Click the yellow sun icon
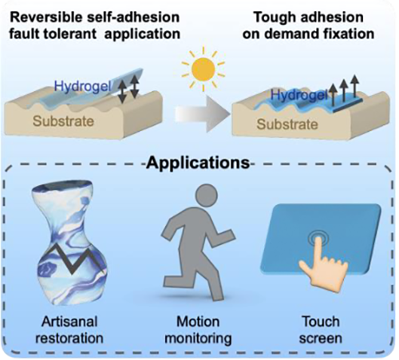click(203, 69)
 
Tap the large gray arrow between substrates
click(202, 114)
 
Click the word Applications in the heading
click(199, 163)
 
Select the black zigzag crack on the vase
click(73, 259)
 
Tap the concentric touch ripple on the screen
click(318, 239)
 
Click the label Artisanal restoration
click(69, 330)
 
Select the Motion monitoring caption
click(198, 330)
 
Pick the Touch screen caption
click(321, 330)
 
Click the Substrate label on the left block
click(63, 121)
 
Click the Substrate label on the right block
click(287, 125)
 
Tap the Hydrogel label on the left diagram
click(82, 86)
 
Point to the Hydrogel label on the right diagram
click(298, 95)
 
